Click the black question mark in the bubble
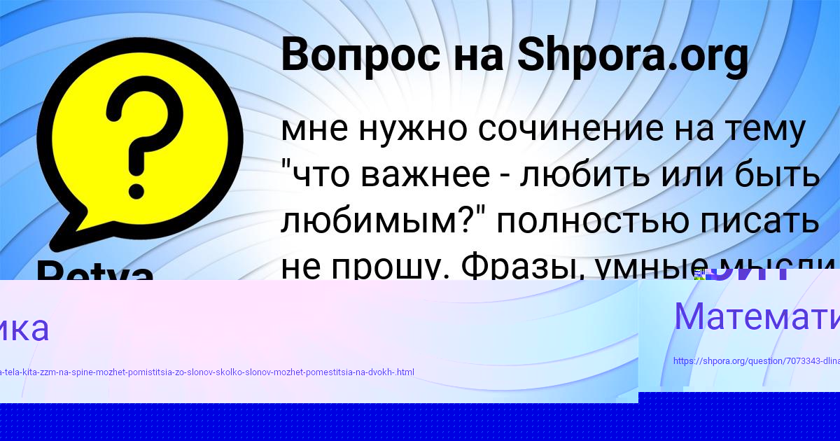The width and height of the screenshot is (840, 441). (140, 129)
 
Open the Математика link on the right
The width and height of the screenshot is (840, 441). (756, 316)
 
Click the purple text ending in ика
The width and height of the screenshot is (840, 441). (24, 328)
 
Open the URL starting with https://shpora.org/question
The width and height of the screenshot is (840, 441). (756, 362)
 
